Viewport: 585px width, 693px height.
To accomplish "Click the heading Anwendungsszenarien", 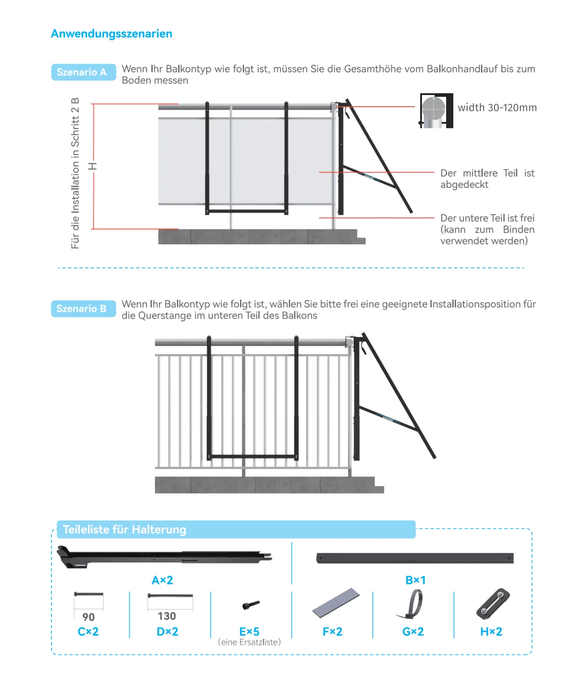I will pos(112,34).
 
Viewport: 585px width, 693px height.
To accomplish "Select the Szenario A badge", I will pos(82,72).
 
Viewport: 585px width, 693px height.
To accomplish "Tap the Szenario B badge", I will pos(82,308).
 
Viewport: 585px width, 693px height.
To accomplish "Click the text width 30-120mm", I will pos(497,108).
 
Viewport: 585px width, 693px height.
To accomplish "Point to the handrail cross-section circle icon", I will pos(434,109).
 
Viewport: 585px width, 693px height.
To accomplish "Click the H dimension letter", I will pos(93,166).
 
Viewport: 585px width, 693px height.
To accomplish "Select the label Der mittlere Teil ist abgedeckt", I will pos(487,179).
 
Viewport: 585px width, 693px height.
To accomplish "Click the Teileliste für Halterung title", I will pos(125,529).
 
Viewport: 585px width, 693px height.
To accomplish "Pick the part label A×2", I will pos(162,580).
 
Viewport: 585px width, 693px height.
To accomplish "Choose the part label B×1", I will pos(415,580).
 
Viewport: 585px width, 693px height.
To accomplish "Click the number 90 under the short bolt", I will pos(89,617).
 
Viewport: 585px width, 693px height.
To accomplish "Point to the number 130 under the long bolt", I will pos(167,616).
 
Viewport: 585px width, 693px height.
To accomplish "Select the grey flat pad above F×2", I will pos(336,602).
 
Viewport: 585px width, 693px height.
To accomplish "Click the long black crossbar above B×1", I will pos(415,559).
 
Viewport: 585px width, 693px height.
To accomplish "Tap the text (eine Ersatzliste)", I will pos(249,642).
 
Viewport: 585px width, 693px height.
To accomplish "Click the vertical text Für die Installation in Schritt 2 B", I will pos(75,173).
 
